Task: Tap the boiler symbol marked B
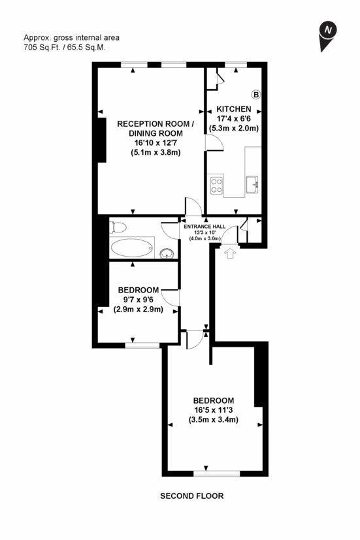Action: pyautogui.click(x=256, y=95)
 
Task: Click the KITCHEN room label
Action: pyautogui.click(x=233, y=109)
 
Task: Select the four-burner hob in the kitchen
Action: pyautogui.click(x=216, y=185)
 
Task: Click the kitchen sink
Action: pyautogui.click(x=252, y=185)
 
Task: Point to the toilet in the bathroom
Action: pyautogui.click(x=118, y=227)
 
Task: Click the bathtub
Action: pyautogui.click(x=131, y=247)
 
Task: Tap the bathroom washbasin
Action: pyautogui.click(x=167, y=253)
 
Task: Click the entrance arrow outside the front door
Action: pyautogui.click(x=230, y=253)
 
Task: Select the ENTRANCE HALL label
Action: pyautogui.click(x=205, y=227)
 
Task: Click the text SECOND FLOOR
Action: pyautogui.click(x=192, y=496)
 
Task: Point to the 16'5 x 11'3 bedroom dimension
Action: pyautogui.click(x=214, y=410)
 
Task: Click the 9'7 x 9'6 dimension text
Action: pyautogui.click(x=139, y=300)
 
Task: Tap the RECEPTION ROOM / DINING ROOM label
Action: pyautogui.click(x=155, y=129)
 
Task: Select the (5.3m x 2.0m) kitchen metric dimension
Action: pyautogui.click(x=234, y=128)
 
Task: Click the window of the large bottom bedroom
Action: pyautogui.click(x=217, y=474)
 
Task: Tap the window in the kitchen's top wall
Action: pyautogui.click(x=236, y=65)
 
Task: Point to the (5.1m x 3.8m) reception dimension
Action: pyautogui.click(x=155, y=153)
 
